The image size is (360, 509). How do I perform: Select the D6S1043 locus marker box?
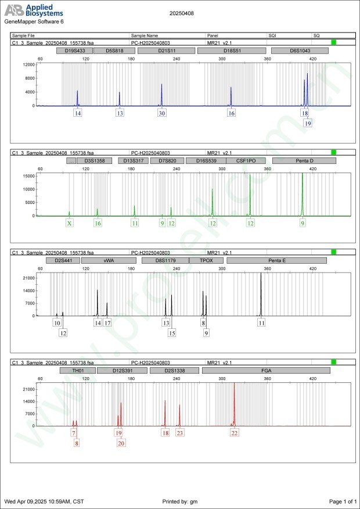click(x=300, y=51)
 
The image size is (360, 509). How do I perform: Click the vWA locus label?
click(x=109, y=261)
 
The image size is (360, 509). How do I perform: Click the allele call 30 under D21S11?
click(x=162, y=113)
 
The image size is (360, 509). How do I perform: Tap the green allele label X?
click(x=70, y=223)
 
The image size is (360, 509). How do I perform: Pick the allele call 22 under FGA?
click(x=235, y=433)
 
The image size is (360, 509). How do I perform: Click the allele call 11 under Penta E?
click(x=262, y=322)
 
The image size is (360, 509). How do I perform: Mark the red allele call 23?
click(x=180, y=433)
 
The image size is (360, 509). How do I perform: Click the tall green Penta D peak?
click(x=303, y=192)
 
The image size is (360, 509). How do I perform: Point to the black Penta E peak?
click(x=261, y=296)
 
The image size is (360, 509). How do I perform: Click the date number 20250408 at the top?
click(x=181, y=13)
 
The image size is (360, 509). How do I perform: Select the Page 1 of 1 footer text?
click(x=342, y=501)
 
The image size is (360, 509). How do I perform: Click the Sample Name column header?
click(x=145, y=35)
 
